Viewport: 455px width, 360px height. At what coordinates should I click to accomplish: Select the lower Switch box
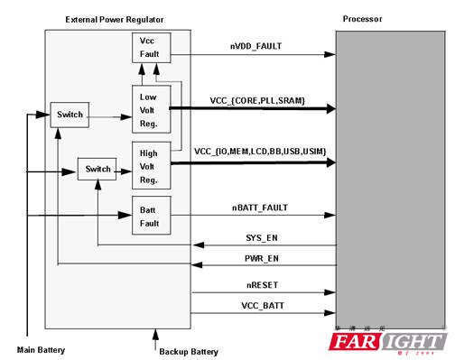(x=97, y=169)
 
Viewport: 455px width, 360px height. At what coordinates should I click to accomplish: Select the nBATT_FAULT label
(x=259, y=208)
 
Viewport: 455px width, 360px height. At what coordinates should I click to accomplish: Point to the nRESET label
(x=258, y=284)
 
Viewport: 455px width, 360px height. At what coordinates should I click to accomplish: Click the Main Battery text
(x=42, y=348)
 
